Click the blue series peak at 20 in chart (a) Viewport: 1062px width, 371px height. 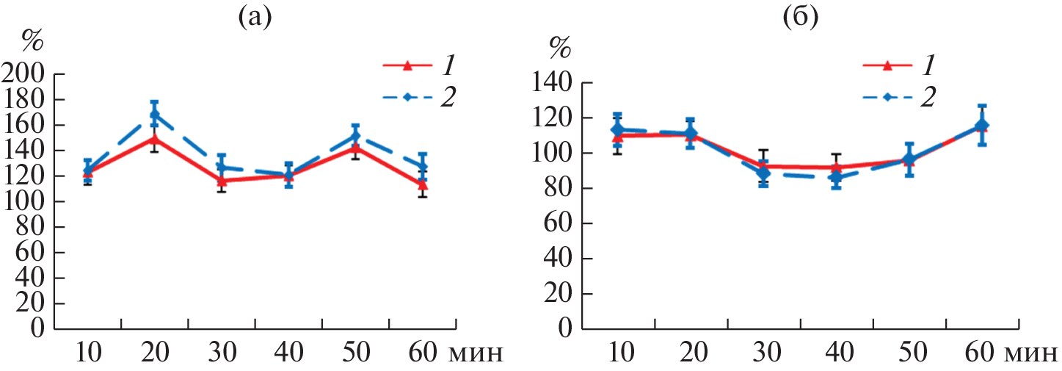(154, 115)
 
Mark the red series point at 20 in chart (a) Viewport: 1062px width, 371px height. (154, 138)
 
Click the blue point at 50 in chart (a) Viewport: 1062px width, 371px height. (355, 136)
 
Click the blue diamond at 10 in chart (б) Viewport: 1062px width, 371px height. (617, 129)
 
